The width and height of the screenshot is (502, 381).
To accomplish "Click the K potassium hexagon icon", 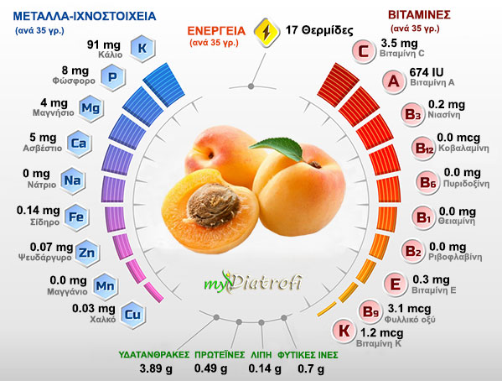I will [142, 47].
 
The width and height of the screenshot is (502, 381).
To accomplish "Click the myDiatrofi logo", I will [251, 283].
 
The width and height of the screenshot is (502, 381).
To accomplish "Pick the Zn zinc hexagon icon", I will [85, 252].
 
